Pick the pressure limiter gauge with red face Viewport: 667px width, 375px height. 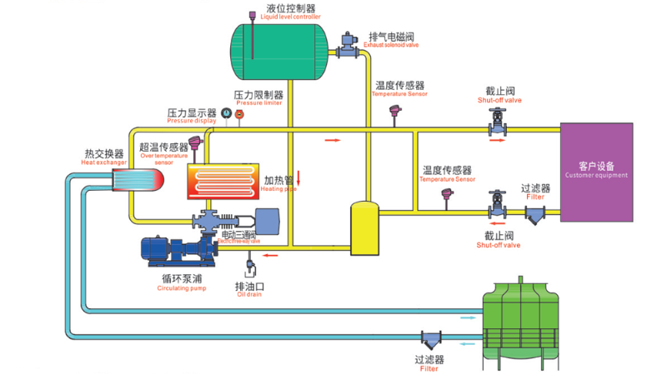click(239, 114)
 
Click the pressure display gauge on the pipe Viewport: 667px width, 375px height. click(225, 114)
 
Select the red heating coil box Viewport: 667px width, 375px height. click(223, 180)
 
